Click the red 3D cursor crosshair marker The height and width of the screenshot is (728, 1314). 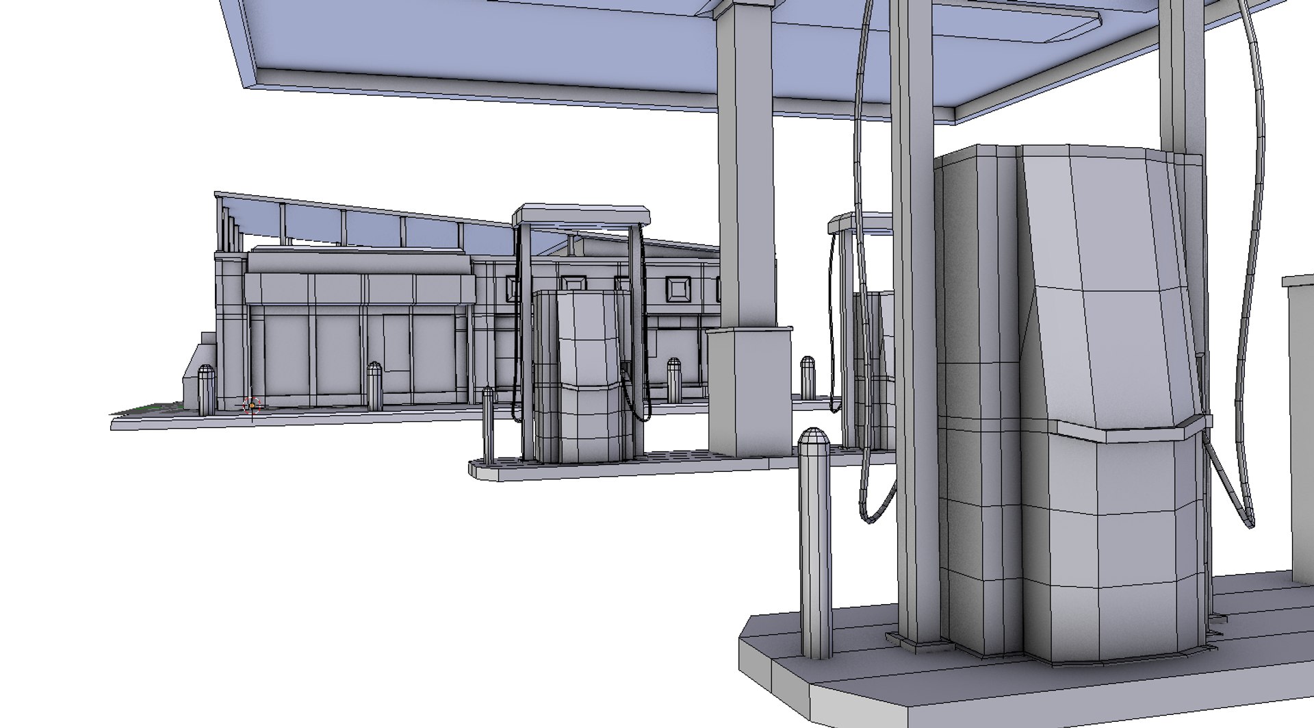pos(252,405)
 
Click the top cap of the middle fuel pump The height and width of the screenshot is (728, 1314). pos(581,214)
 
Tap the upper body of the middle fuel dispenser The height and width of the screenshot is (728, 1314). pos(589,336)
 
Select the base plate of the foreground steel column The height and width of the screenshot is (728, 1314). pos(917,640)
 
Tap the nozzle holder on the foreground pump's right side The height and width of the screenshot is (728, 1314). pos(1201,421)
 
